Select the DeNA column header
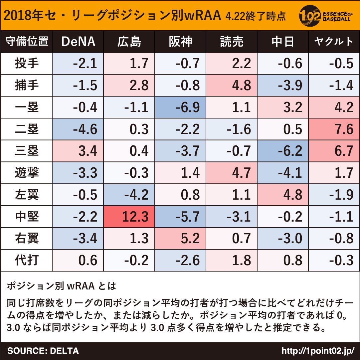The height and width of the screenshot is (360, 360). click(78, 42)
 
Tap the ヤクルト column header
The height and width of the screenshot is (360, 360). click(334, 42)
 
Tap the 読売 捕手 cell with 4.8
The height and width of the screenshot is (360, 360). click(232, 86)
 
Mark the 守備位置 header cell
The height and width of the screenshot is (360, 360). click(27, 42)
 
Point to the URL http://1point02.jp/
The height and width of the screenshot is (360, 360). click(318, 351)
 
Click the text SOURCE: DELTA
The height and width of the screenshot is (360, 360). click(43, 351)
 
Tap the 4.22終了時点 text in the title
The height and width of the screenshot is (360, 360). click(255, 16)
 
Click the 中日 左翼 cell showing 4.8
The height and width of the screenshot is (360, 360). click(283, 195)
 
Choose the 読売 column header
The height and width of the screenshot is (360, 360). click(232, 42)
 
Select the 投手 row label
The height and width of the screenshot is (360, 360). click(27, 64)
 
